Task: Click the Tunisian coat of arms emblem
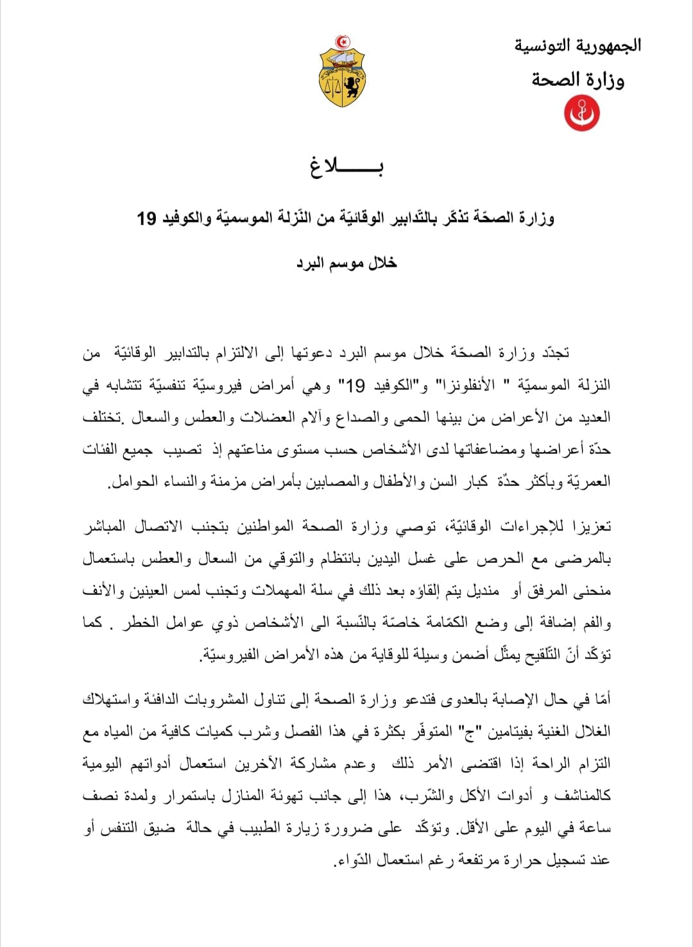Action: coord(342,72)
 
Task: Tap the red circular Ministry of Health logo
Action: coord(581,112)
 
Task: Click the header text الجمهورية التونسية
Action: coord(577,46)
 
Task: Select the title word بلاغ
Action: coord(346,167)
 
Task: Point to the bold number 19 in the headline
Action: coord(147,219)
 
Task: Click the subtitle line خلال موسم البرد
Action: coord(346,263)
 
